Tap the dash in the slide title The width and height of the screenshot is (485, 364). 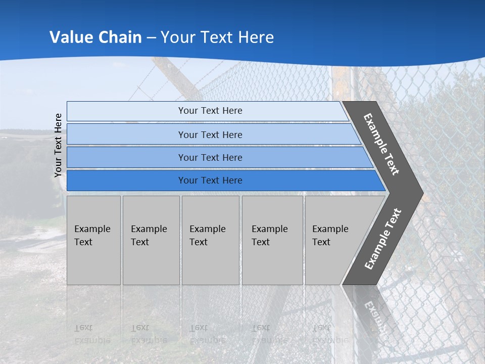point(152,38)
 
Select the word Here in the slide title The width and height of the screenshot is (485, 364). point(256,37)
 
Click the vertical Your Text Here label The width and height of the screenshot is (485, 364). point(58,145)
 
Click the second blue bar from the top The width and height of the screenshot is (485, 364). point(210,134)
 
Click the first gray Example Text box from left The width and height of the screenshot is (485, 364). point(93,240)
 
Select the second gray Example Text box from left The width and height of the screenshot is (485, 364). point(151,240)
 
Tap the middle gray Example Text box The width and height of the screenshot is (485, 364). point(210,240)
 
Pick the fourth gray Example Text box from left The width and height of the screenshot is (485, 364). point(272,240)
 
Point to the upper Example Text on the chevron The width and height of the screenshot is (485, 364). point(381,145)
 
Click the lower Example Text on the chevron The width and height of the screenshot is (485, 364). point(382,239)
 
